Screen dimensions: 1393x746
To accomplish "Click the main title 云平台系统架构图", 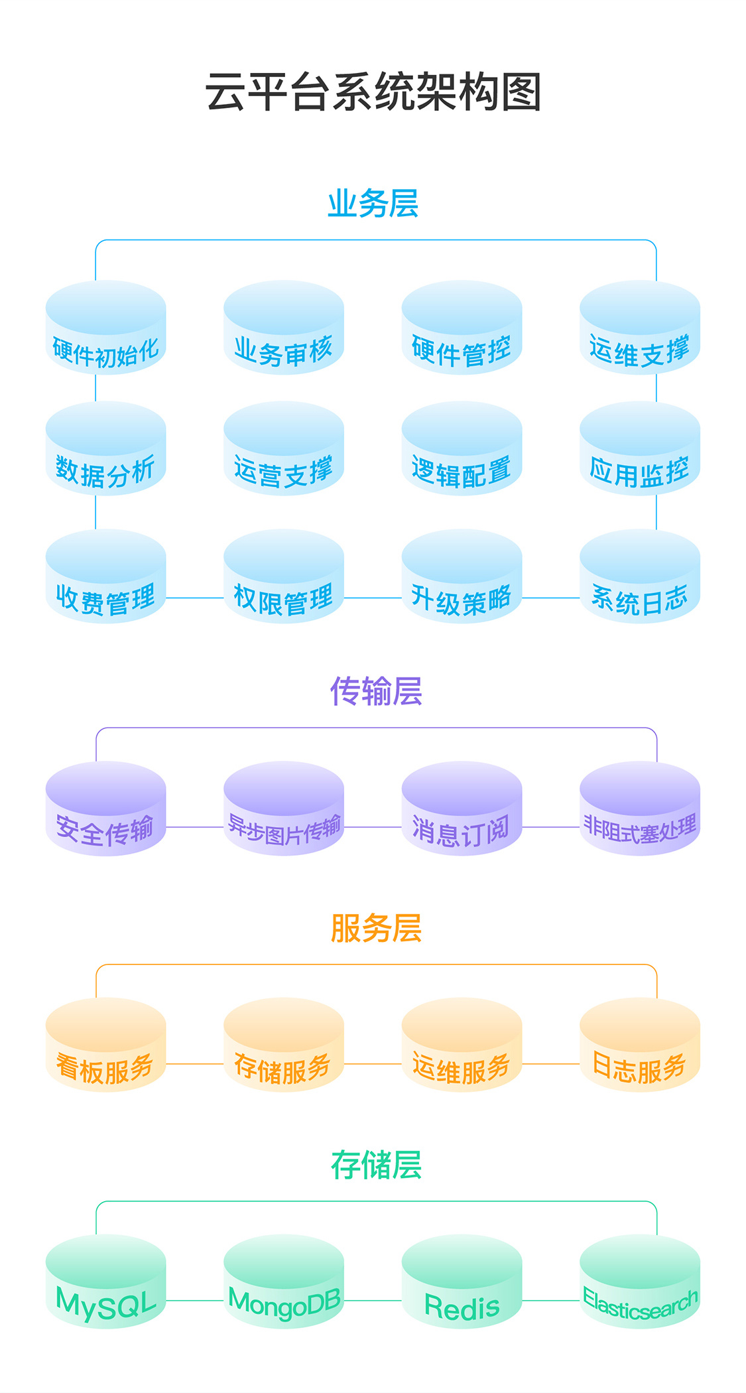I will coord(373,92).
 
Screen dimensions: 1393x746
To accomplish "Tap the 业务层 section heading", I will coord(373,203).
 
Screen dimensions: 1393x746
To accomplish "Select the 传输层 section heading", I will coord(375,691).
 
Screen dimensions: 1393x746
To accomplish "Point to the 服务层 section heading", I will coord(375,927).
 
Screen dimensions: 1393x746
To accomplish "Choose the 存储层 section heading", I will coord(375,1165).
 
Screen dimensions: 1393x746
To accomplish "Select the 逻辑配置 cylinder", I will coord(462,449).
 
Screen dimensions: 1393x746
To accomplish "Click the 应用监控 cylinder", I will coord(639,449).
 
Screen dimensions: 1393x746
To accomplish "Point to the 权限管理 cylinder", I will coord(284,576).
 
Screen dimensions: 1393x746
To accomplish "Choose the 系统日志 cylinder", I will coord(639,576).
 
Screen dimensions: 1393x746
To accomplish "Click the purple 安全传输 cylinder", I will coord(105,809).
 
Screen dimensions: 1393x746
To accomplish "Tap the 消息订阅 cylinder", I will coord(462,809).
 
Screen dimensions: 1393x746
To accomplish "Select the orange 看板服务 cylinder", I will coord(105,1045).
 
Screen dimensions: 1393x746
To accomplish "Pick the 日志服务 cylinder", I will coord(639,1045).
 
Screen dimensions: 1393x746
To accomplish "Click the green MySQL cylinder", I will coord(105,1282).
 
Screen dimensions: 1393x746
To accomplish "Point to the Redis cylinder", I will coord(462,1282).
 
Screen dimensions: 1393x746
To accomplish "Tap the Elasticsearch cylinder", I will coord(639,1282).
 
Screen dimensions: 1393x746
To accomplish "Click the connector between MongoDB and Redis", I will coord(373,1300).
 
